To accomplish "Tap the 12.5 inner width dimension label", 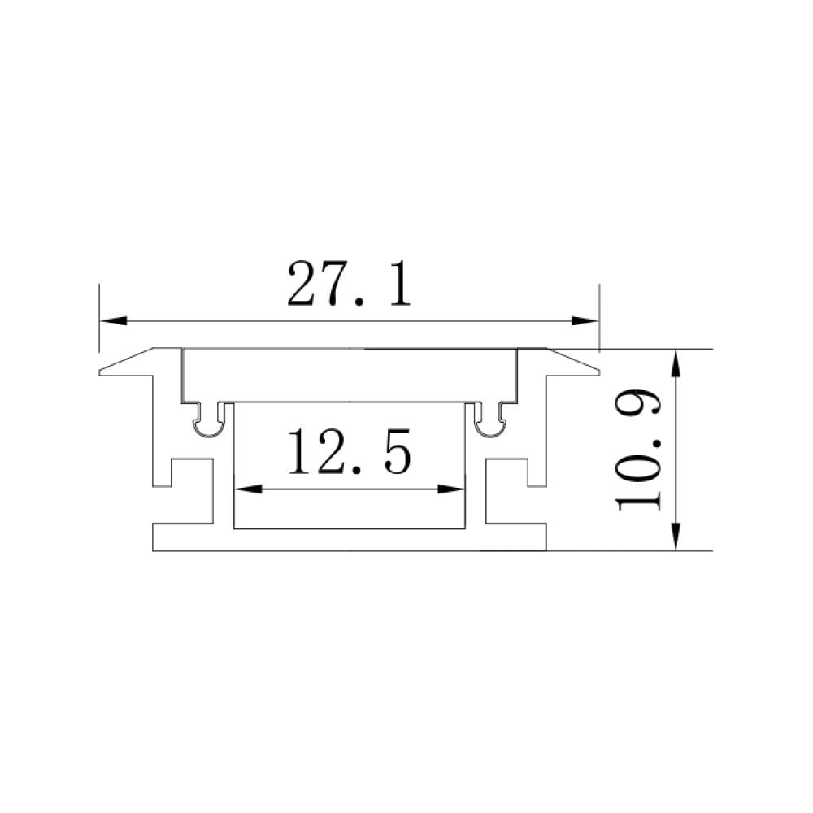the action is [x=349, y=451].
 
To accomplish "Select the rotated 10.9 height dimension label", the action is [x=637, y=450].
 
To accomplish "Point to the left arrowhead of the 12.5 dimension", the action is [x=248, y=489].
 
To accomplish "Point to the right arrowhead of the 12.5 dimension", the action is [x=451, y=489].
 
